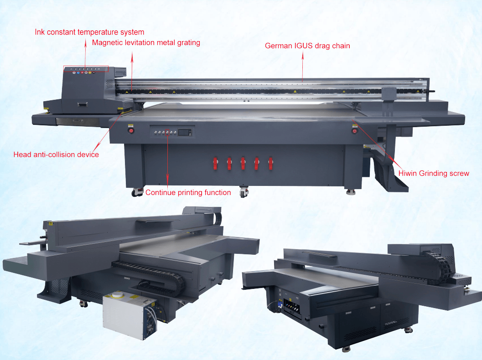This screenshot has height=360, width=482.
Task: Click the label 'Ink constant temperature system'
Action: [x=89, y=32]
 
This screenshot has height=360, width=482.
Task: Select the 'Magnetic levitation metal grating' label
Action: [x=146, y=43]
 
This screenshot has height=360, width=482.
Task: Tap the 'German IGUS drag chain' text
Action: [x=307, y=46]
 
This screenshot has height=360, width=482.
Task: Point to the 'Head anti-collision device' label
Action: [x=56, y=154]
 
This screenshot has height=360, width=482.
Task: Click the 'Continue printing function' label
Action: [x=188, y=192]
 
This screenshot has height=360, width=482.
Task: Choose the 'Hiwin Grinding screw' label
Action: [x=434, y=173]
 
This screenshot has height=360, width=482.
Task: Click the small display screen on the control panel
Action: [x=184, y=132]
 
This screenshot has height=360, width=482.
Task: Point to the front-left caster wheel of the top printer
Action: [x=135, y=192]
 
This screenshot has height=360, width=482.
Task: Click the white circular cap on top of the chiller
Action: [x=118, y=296]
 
